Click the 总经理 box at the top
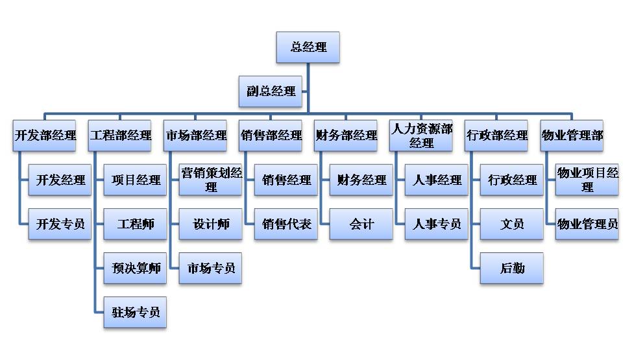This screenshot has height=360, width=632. coord(308,47)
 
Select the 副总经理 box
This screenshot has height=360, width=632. coord(271,91)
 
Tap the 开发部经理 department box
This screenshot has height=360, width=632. coord(45,136)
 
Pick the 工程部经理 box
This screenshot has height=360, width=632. coord(120,136)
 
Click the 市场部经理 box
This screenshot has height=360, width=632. coord(195,136)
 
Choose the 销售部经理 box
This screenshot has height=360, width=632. coord(271,136)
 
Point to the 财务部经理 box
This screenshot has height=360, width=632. coord(346,136)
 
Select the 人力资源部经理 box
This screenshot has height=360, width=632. coord(421,136)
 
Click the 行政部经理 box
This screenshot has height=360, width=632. coord(496,136)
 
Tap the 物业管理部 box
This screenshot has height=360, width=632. coord(572,136)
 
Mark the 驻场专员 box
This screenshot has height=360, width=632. coord(135,313)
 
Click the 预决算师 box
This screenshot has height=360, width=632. coord(135,268)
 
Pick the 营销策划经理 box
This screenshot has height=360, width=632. coord(210,180)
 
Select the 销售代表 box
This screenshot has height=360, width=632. coord(286,224)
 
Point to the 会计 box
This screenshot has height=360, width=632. coord(361,224)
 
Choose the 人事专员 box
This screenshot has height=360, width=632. coord(436,224)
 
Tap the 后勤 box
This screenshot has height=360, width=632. coord(511,268)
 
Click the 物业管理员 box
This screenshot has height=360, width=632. coord(587,224)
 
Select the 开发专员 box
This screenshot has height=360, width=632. coord(60,224)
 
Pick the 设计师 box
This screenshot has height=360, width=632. coord(210,224)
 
